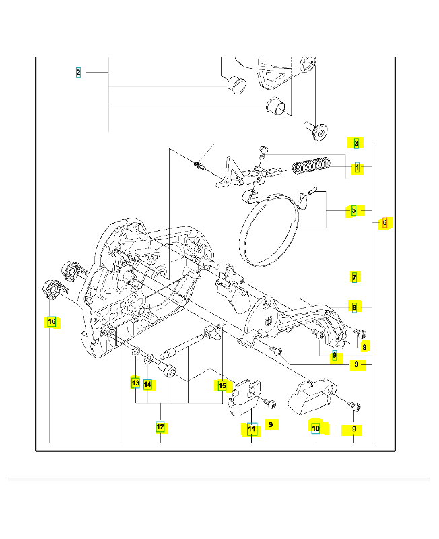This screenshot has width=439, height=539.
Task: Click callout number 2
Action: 78,73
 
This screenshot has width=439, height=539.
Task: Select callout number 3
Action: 356,143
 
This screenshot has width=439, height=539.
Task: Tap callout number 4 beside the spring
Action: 358,167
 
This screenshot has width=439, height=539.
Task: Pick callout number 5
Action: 354,210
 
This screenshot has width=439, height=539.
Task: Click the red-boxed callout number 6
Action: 384,222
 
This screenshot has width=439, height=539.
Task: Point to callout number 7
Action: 354,277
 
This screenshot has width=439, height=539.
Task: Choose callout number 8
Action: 354,307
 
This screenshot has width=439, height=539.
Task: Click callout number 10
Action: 316,428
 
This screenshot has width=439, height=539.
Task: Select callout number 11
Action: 252,429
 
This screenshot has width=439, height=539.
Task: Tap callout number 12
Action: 160,427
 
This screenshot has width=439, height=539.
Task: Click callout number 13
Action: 136,383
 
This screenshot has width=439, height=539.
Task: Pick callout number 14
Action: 147,384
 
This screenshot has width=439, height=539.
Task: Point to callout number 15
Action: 222,385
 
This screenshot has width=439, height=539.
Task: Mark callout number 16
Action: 52,322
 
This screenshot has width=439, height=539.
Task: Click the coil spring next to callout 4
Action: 312,166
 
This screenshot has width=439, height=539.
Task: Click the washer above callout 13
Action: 136,351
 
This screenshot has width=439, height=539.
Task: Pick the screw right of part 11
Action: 269,403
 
